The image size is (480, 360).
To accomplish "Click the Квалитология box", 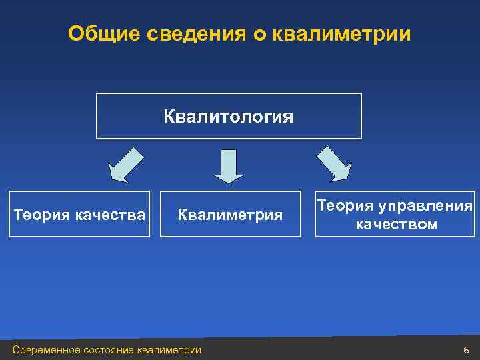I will tap(229, 116).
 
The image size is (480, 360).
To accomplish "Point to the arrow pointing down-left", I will tap(126, 165).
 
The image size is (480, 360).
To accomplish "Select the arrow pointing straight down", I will tap(229, 166).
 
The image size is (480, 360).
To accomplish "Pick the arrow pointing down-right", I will tap(333, 164).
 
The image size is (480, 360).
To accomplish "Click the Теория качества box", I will tap(79, 214).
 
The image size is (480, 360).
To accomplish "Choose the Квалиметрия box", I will tap(230, 214).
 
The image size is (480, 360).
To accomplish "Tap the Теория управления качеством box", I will tap(395, 215).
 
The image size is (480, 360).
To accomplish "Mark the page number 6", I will tap(465, 350).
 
